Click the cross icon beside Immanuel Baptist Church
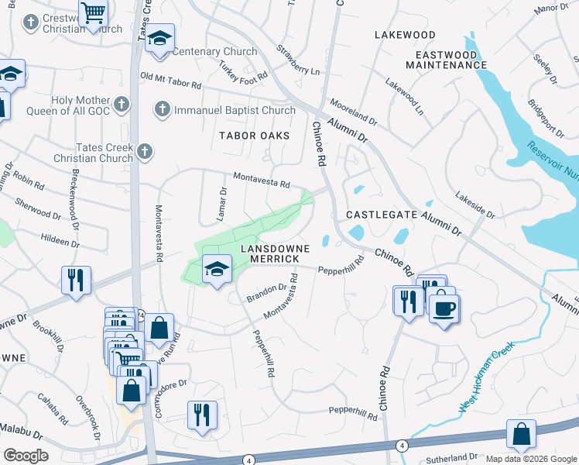pos(162,109)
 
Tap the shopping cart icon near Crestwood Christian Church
pos(93,12)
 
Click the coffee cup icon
pos(444,308)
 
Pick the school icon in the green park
pos(217,269)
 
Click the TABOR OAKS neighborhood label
pos(254,136)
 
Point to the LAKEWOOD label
pos(405,35)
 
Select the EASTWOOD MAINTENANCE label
pos(451,60)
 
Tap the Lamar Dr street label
pos(222,201)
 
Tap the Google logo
pos(26,455)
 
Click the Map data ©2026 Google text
pos(531,459)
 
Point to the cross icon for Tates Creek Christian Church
pos(144,152)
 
